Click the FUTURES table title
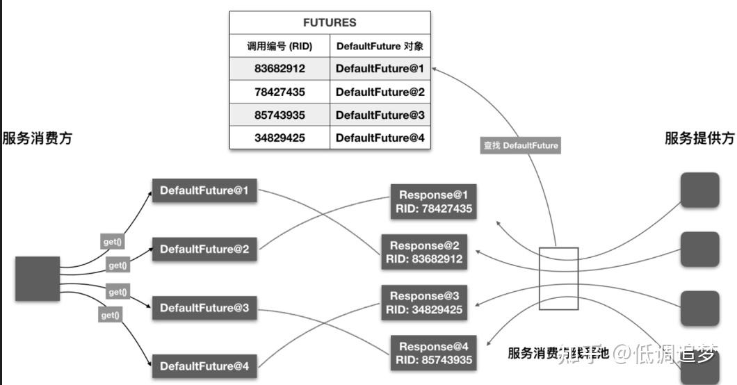click(x=330, y=22)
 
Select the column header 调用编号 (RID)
click(x=280, y=47)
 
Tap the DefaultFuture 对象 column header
click(x=380, y=47)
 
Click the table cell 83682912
click(x=280, y=69)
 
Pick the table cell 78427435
click(x=280, y=92)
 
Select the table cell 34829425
click(x=280, y=138)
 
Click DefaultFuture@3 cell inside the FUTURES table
click(x=380, y=115)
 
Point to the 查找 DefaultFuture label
click(x=521, y=146)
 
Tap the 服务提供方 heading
click(x=699, y=138)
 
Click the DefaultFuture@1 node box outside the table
click(x=204, y=190)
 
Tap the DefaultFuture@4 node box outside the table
click(x=204, y=366)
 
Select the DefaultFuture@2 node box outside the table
click(x=204, y=248)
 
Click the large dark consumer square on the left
click(x=38, y=279)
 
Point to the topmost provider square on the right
click(x=699, y=190)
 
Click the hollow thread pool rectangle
click(x=558, y=279)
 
